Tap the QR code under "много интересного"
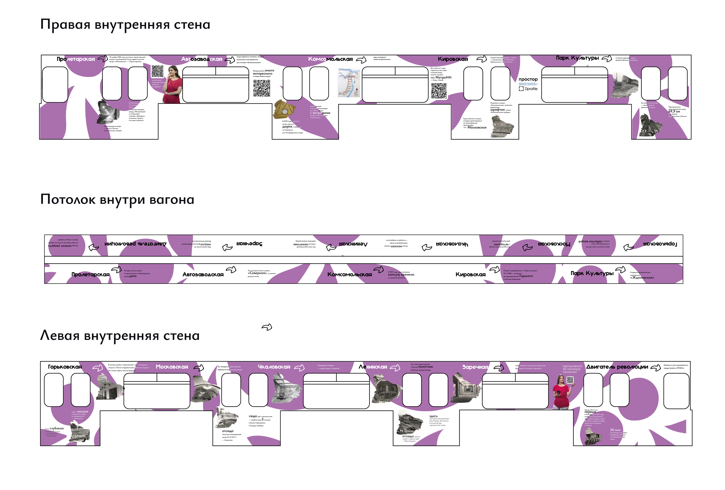pyautogui.click(x=261, y=88)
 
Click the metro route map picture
pyautogui.click(x=349, y=83)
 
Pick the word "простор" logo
pyautogui.click(x=528, y=79)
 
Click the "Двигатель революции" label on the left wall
pyautogui.click(x=617, y=367)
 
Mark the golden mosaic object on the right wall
pyautogui.click(x=284, y=110)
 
